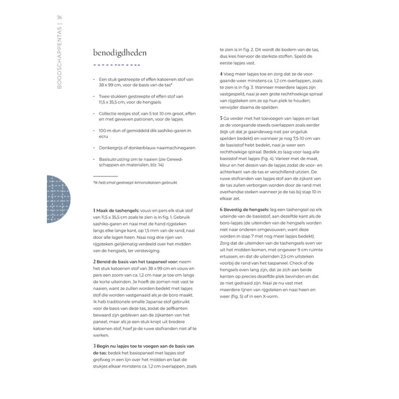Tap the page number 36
tap(59, 18)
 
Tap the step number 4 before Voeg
tap(221, 74)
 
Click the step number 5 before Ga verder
tap(221, 118)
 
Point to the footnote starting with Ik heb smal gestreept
tap(136, 182)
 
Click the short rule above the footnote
tap(105, 176)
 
